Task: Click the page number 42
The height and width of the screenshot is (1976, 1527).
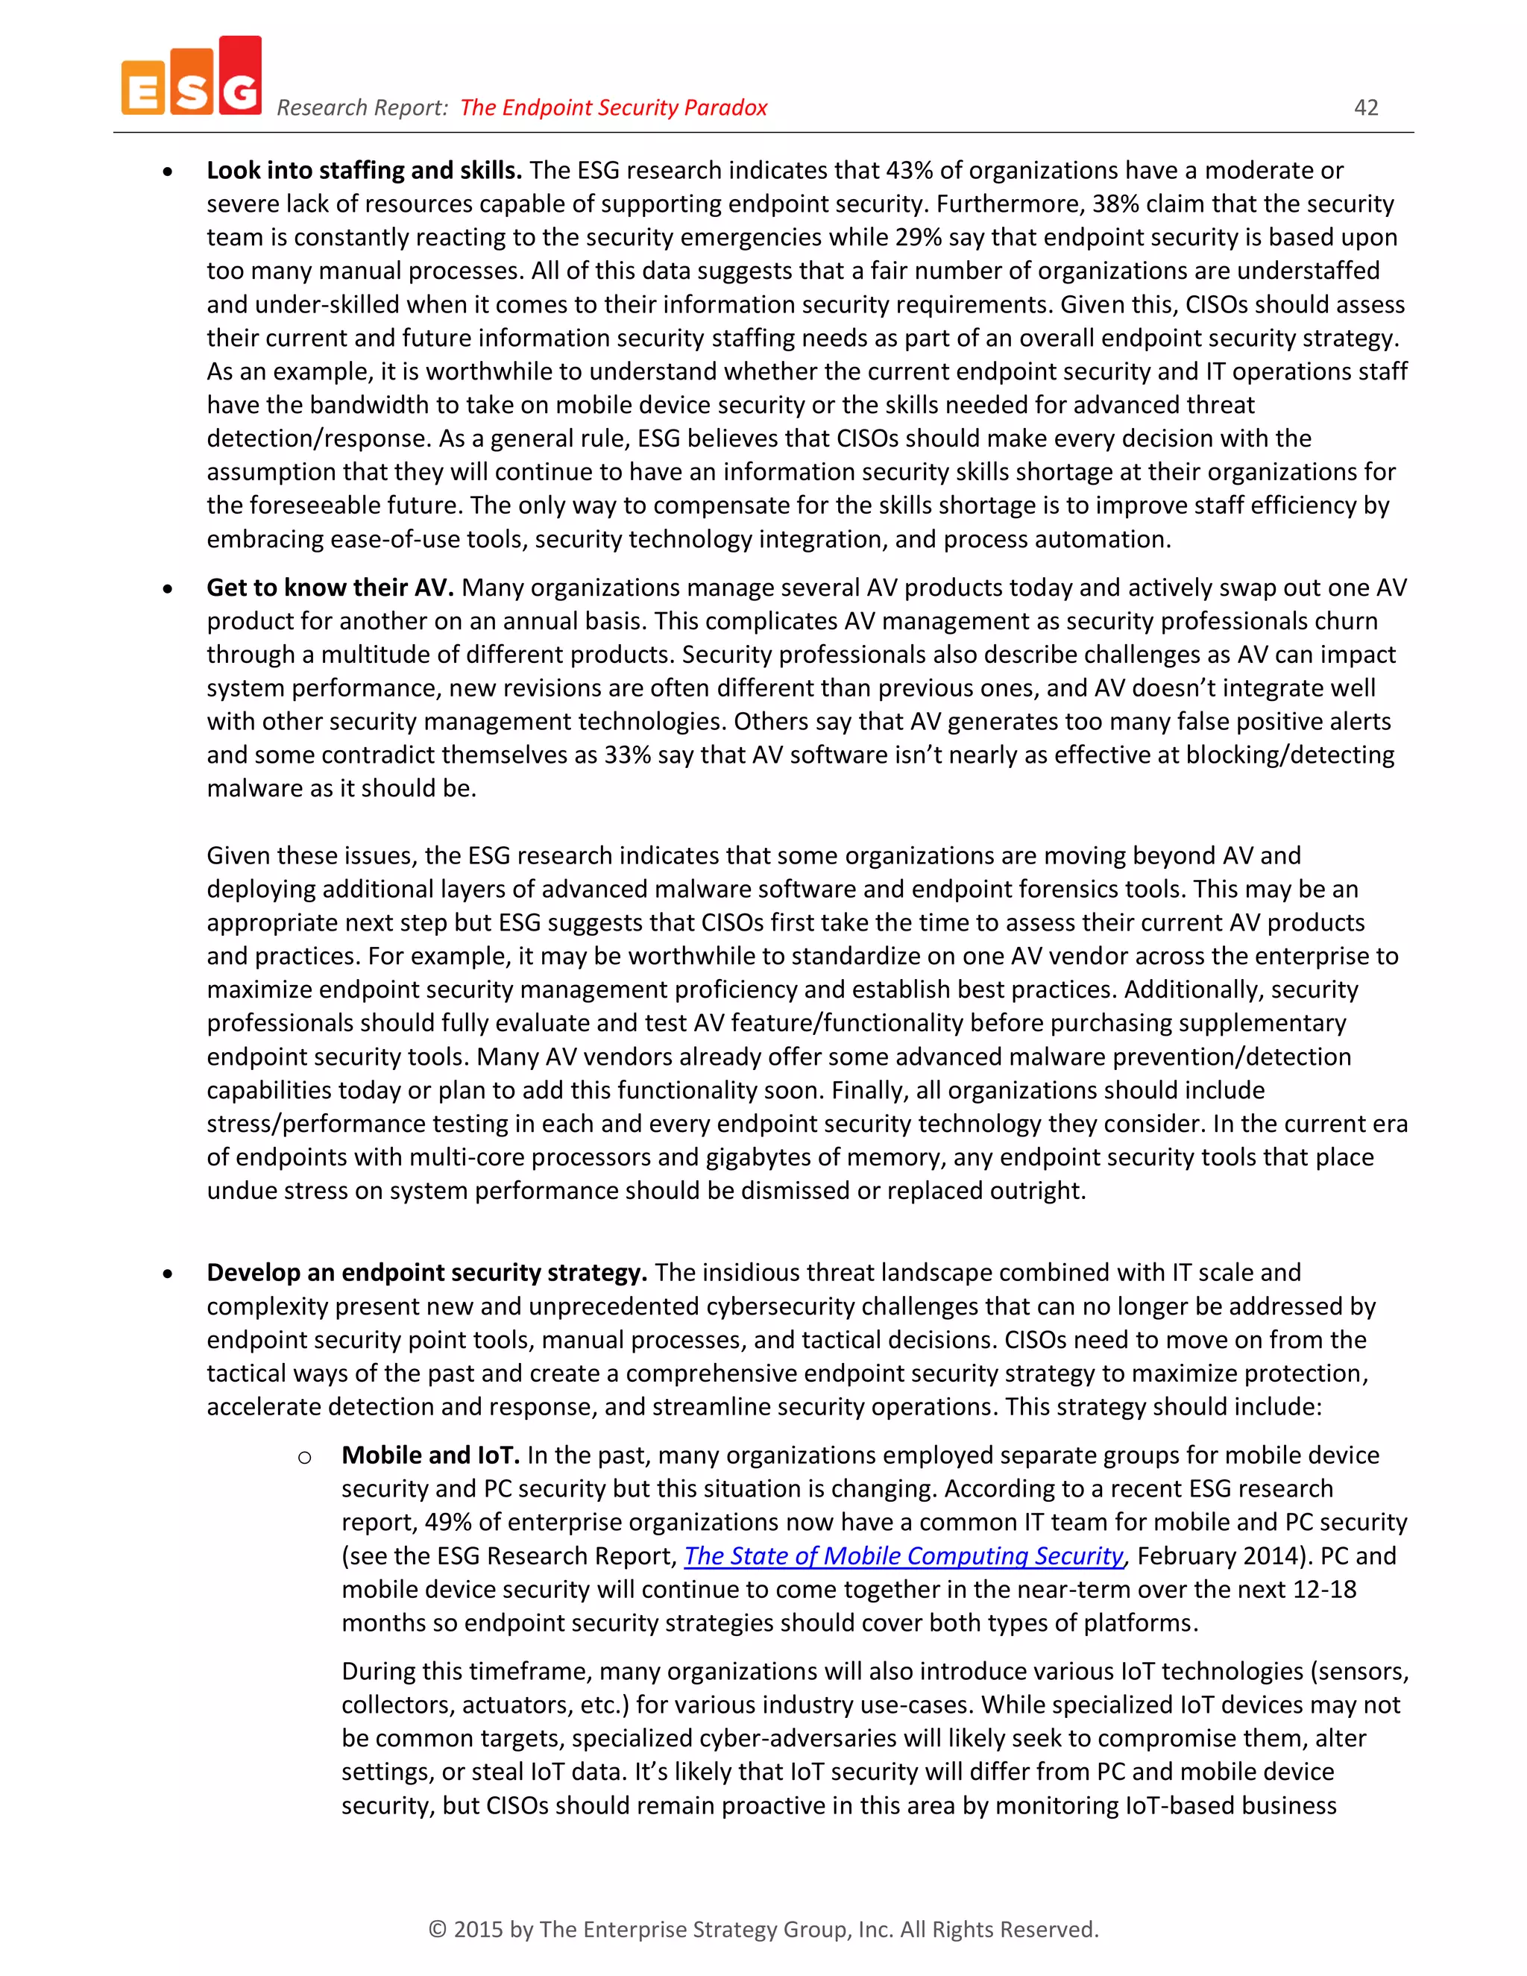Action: tap(1365, 107)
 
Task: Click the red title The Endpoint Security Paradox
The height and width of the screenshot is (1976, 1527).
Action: tap(614, 107)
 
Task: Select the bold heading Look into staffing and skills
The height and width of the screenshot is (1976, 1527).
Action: tap(364, 170)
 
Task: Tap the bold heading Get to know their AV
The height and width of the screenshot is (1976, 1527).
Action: tap(330, 587)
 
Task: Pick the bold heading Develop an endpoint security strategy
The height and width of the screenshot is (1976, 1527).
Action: tap(426, 1272)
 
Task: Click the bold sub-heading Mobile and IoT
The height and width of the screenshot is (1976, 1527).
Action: tap(429, 1455)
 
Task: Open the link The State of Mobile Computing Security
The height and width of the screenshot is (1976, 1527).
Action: tap(903, 1555)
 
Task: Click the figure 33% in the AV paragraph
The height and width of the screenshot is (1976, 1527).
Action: tap(627, 755)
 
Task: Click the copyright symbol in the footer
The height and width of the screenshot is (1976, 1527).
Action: tap(437, 1930)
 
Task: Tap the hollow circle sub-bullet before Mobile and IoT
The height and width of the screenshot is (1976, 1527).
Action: tap(305, 1457)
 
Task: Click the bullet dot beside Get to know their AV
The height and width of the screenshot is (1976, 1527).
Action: tap(167, 589)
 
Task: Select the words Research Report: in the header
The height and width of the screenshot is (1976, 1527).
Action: tap(362, 107)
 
